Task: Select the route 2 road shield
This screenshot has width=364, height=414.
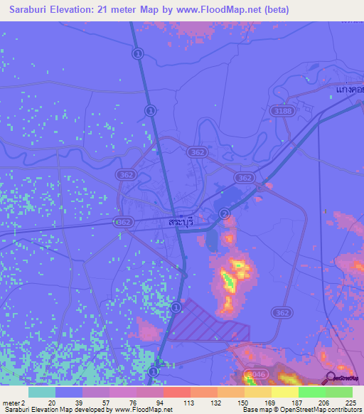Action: tap(225, 213)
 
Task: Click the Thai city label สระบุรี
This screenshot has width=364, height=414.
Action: tap(181, 222)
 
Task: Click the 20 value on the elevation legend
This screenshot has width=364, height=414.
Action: tap(50, 403)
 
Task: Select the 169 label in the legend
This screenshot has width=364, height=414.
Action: tap(270, 403)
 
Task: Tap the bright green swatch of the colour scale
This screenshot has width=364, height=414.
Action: tap(311, 392)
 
